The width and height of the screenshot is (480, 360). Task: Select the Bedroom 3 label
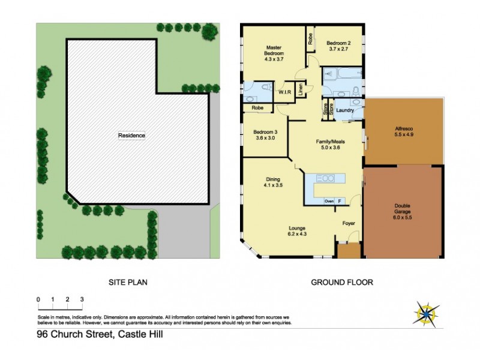(264, 134)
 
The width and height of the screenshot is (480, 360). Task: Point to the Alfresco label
(404, 131)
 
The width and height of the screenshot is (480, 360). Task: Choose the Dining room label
(273, 182)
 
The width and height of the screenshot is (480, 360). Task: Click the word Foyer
(349, 223)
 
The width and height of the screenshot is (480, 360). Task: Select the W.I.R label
(285, 92)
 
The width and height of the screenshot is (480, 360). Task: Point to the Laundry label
(345, 110)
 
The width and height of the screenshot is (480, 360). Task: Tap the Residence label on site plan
(131, 136)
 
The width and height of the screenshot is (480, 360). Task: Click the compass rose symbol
(427, 312)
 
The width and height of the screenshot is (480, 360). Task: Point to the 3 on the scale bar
(82, 299)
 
